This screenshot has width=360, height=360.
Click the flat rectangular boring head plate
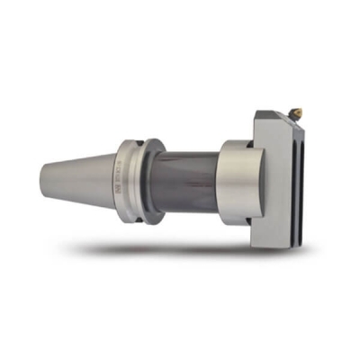(270, 180)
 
